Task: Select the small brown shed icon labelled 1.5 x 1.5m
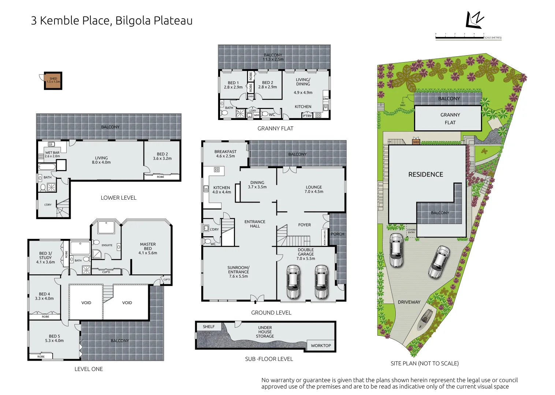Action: [53, 80]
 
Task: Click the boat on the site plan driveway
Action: [425, 320]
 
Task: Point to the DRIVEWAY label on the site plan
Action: [409, 302]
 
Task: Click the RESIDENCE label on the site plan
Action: [425, 174]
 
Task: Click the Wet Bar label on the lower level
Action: [52, 153]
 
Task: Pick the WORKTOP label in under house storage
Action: [321, 346]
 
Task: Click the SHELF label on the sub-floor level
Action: [209, 327]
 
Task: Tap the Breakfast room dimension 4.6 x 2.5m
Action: [226, 156]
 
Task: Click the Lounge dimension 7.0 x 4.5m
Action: [314, 192]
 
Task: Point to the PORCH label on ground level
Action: [338, 234]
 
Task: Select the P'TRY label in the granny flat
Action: [307, 116]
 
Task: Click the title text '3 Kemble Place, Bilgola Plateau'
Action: [112, 21]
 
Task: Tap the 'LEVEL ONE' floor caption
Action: [89, 369]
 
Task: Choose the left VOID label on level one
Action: [86, 303]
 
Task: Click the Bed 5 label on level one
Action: [55, 336]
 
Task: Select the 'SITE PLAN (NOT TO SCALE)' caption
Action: [424, 363]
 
